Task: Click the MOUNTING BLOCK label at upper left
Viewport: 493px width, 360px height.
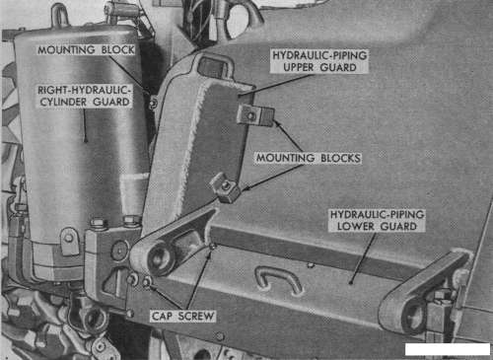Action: (x=86, y=50)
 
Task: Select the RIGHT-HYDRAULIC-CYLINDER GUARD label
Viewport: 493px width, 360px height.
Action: (x=85, y=96)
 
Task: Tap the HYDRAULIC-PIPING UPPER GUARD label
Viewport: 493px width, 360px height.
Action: (x=319, y=61)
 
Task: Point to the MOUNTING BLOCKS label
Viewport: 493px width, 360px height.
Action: (x=309, y=158)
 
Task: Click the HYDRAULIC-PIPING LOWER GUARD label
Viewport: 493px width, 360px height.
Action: (x=377, y=220)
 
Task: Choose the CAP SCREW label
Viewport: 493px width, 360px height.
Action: (x=182, y=317)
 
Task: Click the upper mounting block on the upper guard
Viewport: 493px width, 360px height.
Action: (x=255, y=115)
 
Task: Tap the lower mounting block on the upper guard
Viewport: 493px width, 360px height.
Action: (x=226, y=188)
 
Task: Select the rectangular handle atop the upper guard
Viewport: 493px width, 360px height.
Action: (x=215, y=66)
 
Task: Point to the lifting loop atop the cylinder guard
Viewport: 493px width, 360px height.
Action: (x=61, y=15)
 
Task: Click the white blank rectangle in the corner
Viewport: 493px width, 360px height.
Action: (x=448, y=349)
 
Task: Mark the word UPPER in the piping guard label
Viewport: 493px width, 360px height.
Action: (x=299, y=67)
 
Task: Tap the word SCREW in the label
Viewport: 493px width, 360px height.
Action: (x=196, y=317)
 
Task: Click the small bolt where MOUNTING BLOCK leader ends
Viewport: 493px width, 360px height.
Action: (x=153, y=105)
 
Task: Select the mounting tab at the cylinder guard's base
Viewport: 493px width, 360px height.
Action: (x=69, y=240)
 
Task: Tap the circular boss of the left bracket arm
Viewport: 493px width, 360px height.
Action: (x=160, y=257)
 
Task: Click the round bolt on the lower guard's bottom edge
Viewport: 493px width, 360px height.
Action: (x=220, y=336)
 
